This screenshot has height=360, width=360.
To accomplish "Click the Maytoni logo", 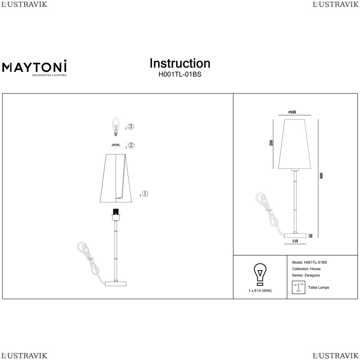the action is pyautogui.click(x=35, y=68).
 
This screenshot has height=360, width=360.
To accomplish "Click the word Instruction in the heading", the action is pyautogui.click(x=180, y=63).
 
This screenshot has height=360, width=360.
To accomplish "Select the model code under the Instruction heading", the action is pyautogui.click(x=180, y=75).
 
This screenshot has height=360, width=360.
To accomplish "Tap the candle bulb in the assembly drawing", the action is pyautogui.click(x=116, y=126).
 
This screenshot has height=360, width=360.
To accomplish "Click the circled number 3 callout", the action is pyautogui.click(x=131, y=126).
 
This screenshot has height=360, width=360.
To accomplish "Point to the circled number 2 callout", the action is pyautogui.click(x=131, y=145).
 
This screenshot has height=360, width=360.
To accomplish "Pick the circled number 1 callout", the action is pyautogui.click(x=145, y=194).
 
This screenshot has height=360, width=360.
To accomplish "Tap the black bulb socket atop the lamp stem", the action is pyautogui.click(x=116, y=211).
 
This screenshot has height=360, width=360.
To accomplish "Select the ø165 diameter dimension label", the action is pyautogui.click(x=292, y=112).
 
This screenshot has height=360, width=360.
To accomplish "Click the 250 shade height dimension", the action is pyautogui.click(x=271, y=143).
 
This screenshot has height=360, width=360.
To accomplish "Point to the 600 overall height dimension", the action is pyautogui.click(x=321, y=176).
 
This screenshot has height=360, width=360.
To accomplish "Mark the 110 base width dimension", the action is pyautogui.click(x=295, y=241).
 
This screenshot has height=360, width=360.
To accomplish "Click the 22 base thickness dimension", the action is pyautogui.click(x=311, y=236).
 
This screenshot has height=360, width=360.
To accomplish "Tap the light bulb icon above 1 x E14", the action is pyautogui.click(x=260, y=274).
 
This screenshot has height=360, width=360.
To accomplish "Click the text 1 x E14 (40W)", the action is pyautogui.click(x=260, y=291).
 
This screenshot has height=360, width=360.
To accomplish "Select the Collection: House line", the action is pyautogui.click(x=306, y=269).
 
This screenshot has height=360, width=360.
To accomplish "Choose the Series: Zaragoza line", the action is pyautogui.click(x=306, y=275).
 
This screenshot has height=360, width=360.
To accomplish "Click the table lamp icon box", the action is pyautogui.click(x=298, y=287).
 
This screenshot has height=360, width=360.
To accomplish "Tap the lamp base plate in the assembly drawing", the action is pyautogui.click(x=116, y=284).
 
